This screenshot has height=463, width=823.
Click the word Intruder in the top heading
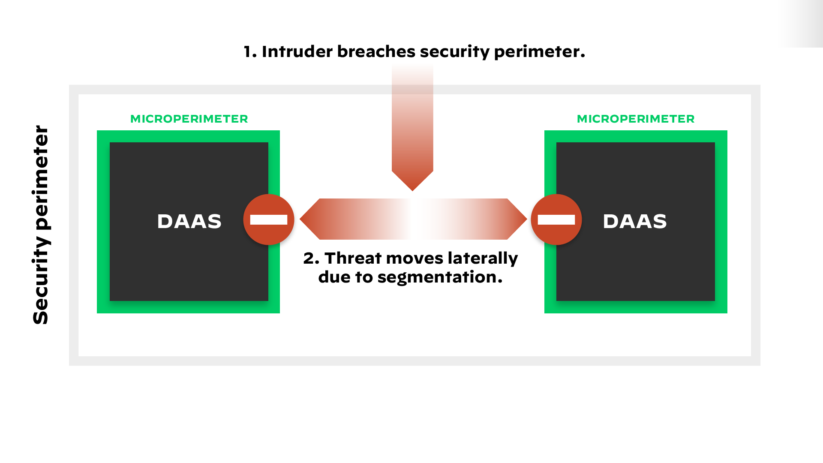tap(297, 51)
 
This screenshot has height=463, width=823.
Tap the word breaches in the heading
tap(376, 51)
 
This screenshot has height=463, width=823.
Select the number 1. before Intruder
tap(250, 51)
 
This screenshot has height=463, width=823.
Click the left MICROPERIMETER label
tap(189, 119)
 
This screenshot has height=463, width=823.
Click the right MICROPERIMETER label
tap(636, 119)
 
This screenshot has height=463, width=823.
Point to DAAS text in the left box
tap(189, 221)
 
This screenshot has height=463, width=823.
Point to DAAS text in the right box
tap(635, 221)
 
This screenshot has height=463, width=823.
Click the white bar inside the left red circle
tap(269, 220)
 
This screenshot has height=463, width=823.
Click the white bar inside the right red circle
tap(556, 220)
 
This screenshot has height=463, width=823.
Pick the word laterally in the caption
tap(483, 259)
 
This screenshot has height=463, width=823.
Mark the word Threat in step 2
tap(353, 259)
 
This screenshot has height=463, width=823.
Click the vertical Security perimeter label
tap(41, 225)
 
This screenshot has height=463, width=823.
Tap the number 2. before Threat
tap(311, 259)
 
